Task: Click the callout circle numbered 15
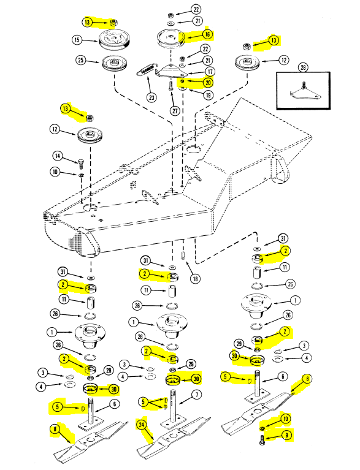77,40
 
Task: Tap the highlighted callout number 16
207,34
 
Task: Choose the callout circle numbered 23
152,97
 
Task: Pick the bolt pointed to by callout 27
170,86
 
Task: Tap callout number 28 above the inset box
303,67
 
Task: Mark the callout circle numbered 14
57,156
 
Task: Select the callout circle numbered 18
195,279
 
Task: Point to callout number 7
196,395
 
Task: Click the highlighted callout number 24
142,425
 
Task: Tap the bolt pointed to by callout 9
261,440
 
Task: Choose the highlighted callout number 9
286,435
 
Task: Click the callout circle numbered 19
208,96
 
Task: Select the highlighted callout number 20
208,83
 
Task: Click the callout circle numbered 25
81,60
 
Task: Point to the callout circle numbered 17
210,72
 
